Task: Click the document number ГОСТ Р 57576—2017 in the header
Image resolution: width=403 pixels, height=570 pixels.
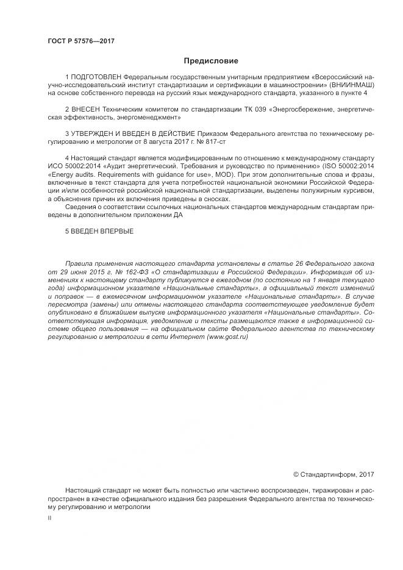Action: coord(81,41)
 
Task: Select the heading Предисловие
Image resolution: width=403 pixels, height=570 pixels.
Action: coord(211,61)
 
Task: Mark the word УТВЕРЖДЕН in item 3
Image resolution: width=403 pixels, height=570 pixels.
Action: coord(95,132)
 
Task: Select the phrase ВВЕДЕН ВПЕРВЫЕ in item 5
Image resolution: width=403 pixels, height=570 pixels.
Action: coord(102,230)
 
